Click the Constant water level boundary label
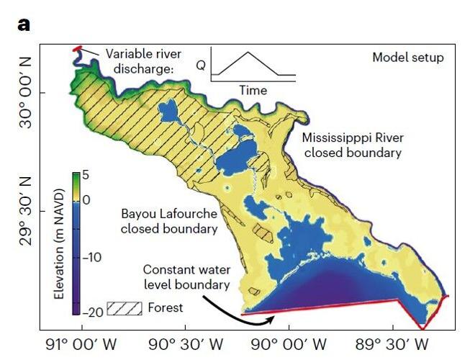pyautogui.click(x=186, y=277)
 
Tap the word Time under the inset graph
pyautogui.click(x=252, y=91)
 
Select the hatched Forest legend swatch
pyautogui.click(x=124, y=308)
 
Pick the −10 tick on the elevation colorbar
pyautogui.click(x=94, y=257)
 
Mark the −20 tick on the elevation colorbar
pyautogui.click(x=94, y=312)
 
